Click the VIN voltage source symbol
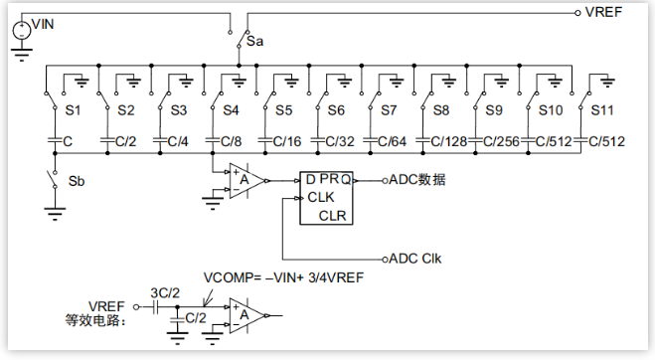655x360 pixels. click(21, 30)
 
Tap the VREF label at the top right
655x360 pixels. click(603, 12)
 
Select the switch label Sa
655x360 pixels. click(254, 42)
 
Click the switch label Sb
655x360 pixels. click(77, 181)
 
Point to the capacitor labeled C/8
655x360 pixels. click(213, 141)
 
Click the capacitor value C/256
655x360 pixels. click(501, 142)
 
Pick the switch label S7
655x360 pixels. click(388, 110)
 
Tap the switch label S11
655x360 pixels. click(602, 110)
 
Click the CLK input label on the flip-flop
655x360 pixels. click(321, 197)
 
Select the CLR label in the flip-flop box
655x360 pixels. click(333, 216)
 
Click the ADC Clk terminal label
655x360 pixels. click(414, 259)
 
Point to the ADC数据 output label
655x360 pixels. click(416, 180)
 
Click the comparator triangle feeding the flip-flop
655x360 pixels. click(247, 181)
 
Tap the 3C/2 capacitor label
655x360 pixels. click(165, 293)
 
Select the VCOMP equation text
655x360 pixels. click(283, 277)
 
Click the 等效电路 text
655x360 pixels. click(95, 321)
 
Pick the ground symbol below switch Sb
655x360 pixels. click(55, 213)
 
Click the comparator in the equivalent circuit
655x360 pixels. click(247, 315)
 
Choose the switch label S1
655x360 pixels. click(73, 110)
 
